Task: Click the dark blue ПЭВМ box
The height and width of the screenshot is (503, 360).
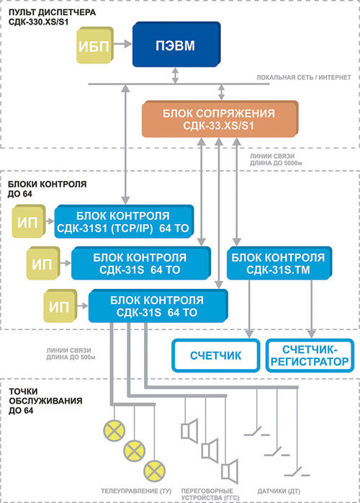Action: (x=176, y=45)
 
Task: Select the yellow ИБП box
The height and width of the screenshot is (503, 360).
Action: (x=95, y=45)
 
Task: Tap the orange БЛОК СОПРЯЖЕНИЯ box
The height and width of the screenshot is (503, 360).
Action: (x=220, y=119)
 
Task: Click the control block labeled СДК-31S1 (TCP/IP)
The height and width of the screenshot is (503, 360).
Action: (x=124, y=222)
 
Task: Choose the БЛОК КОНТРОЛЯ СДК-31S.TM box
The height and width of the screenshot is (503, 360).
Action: (x=279, y=263)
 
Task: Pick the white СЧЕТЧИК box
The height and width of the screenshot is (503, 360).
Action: (x=216, y=355)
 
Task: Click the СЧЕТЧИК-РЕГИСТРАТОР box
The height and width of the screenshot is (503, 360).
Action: (x=310, y=355)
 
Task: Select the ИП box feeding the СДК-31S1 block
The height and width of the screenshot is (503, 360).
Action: (x=29, y=221)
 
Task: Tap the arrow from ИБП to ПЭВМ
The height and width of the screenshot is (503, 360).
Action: (x=123, y=44)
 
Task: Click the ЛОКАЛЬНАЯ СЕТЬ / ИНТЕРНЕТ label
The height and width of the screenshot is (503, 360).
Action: (x=304, y=77)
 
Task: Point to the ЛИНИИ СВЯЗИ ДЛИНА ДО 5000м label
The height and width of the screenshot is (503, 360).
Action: (x=276, y=159)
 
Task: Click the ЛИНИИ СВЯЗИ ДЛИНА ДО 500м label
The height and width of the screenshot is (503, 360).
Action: (x=71, y=354)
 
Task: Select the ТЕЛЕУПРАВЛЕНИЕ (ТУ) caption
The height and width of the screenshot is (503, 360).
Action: (x=136, y=491)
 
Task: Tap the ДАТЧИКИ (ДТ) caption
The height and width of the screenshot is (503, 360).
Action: (x=279, y=491)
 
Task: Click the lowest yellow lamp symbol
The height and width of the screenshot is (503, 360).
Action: (x=155, y=471)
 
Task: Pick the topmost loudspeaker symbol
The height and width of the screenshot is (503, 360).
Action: (x=190, y=431)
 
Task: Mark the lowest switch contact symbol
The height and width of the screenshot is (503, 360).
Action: (x=297, y=471)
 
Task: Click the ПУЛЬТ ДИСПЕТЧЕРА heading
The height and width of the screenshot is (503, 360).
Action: (x=53, y=12)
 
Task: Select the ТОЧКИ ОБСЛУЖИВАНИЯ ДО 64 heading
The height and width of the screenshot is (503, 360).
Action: (x=45, y=401)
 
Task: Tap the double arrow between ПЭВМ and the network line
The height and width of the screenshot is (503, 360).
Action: (x=175, y=76)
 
